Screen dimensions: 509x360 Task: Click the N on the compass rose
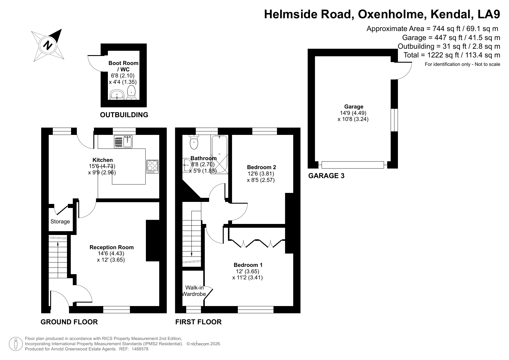pos(48,46)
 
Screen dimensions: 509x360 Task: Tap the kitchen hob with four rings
pos(152,167)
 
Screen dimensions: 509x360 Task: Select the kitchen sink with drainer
pos(123,142)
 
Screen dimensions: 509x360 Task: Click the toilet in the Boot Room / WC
pos(132,93)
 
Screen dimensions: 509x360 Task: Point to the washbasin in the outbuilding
pos(117,95)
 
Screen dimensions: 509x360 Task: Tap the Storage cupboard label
pos(60,222)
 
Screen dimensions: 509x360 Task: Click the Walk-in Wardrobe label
pos(194,291)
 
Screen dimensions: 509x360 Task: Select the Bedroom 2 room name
pos(261,167)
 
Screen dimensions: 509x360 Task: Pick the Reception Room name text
pos(112,247)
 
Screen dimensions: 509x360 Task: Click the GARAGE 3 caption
pos(326,176)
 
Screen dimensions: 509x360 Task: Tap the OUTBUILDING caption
pos(124,115)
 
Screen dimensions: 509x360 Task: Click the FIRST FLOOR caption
pos(198,322)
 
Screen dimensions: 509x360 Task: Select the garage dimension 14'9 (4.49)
pos(353,113)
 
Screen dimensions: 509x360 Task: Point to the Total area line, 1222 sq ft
pos(452,55)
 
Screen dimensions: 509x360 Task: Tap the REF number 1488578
pos(140,349)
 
